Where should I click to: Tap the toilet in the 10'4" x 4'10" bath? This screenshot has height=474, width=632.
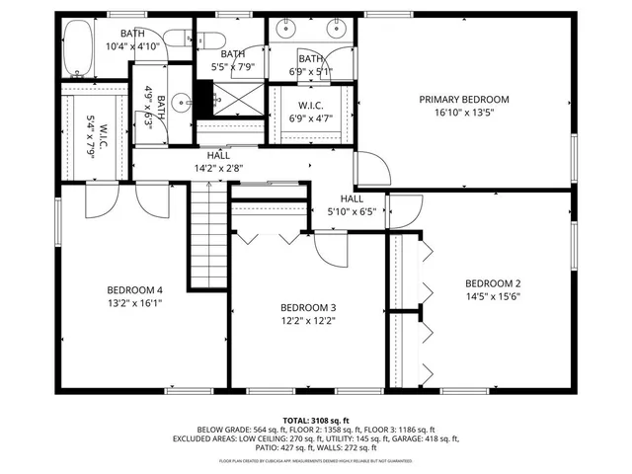pos(179,39)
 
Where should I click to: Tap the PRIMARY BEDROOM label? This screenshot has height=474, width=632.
pos(463,99)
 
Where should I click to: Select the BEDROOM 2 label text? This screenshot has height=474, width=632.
pos(492,282)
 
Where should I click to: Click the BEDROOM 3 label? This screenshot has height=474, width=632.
pos(307,306)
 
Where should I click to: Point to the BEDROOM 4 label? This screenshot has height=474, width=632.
pos(134,289)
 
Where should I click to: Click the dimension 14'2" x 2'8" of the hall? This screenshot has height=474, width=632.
pos(218,168)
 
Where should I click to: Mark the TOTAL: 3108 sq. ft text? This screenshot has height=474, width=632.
pos(316,420)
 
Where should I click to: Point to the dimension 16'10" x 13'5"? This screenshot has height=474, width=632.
pos(463,113)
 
